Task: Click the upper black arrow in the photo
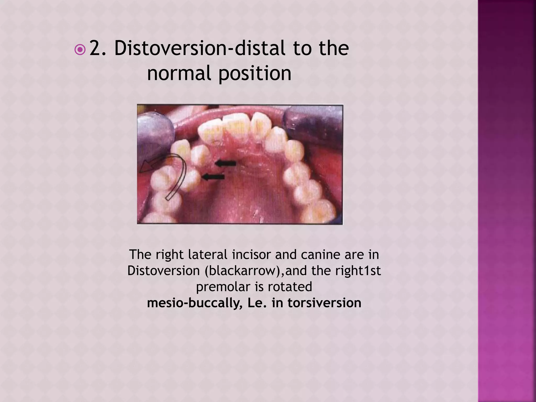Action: click(x=225, y=164)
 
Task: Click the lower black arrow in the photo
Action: click(x=214, y=177)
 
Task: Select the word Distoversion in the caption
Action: click(x=163, y=271)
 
